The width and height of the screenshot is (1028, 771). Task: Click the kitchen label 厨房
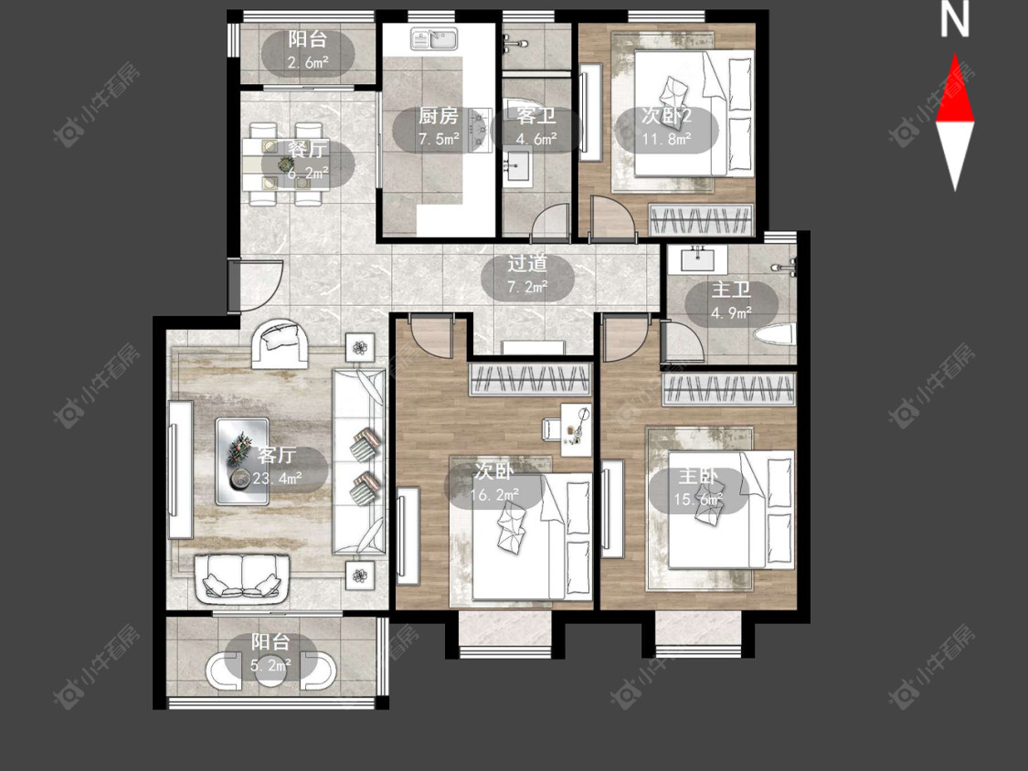click(x=439, y=116)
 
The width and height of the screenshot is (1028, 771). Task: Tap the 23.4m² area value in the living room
click(x=277, y=478)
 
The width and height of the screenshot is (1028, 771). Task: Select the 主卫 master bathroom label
click(x=731, y=290)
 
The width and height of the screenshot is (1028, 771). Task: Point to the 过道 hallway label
click(x=527, y=264)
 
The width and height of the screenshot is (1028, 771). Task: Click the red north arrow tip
click(x=955, y=55)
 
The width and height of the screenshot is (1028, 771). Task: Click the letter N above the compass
click(x=955, y=20)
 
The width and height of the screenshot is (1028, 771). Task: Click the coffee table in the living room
click(x=242, y=461)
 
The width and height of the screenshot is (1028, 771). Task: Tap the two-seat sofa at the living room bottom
click(x=242, y=578)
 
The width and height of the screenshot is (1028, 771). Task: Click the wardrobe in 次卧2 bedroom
click(x=700, y=219)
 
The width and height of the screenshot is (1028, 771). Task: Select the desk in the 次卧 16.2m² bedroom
click(x=577, y=430)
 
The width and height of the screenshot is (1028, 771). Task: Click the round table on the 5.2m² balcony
click(x=270, y=670)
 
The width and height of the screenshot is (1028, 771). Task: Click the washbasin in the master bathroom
click(x=700, y=259)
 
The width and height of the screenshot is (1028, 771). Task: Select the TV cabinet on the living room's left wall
click(x=180, y=470)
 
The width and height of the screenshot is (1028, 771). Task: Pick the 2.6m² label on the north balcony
click(x=308, y=63)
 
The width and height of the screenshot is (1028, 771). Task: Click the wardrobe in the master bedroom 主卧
click(x=729, y=389)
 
